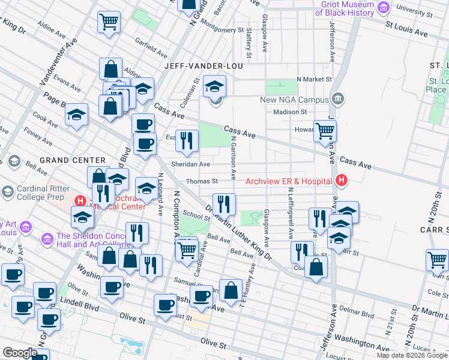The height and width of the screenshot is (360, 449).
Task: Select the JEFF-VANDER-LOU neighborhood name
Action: (x=209, y=66)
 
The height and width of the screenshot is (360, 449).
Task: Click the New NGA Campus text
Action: (x=294, y=100)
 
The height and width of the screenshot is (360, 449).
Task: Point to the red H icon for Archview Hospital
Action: (x=342, y=180)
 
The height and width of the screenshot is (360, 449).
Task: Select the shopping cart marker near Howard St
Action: (x=325, y=130)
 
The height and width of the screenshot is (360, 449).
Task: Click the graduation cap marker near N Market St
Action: (x=214, y=86)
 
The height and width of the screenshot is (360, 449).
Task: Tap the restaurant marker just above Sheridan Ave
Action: (x=187, y=140)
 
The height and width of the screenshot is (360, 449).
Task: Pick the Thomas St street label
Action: (x=202, y=181)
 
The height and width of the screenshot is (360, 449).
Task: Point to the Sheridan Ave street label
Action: (x=191, y=164)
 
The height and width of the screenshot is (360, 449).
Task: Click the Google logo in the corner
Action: (x=20, y=353)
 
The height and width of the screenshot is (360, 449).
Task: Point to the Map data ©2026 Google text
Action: (x=412, y=355)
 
